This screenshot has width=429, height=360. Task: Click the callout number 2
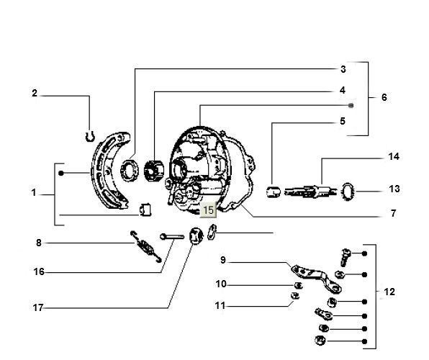pyautogui.click(x=34, y=94)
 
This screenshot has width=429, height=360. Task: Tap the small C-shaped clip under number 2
pyautogui.click(x=89, y=133)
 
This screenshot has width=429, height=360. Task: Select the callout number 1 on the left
pyautogui.click(x=34, y=193)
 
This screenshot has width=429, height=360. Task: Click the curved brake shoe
pyautogui.click(x=109, y=173)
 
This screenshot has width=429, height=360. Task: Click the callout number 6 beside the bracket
pyautogui.click(x=384, y=97)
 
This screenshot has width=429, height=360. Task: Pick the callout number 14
pyautogui.click(x=393, y=156)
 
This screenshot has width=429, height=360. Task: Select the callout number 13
pyautogui.click(x=393, y=189)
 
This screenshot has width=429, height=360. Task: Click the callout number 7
pyautogui.click(x=393, y=214)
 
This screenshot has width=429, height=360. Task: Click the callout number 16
pyautogui.click(x=39, y=271)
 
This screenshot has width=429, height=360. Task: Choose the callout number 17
pyautogui.click(x=39, y=307)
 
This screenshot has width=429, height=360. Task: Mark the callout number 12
pyautogui.click(x=389, y=292)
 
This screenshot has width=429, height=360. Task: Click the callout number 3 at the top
pyautogui.click(x=343, y=69)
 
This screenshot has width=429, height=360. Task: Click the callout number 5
pyautogui.click(x=343, y=122)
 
